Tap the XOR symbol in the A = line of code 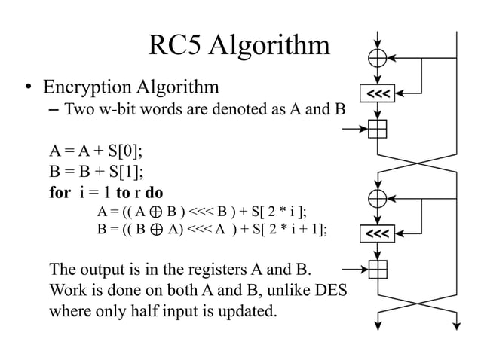(x=151, y=210)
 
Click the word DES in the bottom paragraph (x=328, y=289)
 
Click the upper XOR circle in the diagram (x=377, y=57)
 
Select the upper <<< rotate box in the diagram (x=377, y=93)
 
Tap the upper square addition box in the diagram (x=377, y=129)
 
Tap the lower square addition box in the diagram (x=377, y=268)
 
